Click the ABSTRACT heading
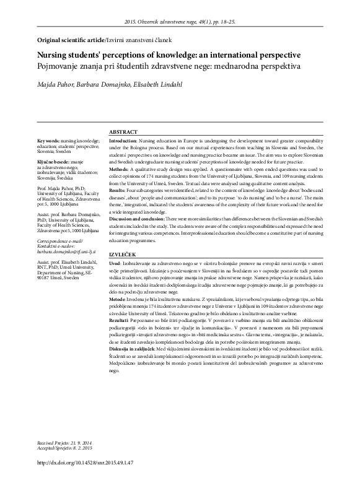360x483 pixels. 123,133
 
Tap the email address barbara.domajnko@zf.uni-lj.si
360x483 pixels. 66,270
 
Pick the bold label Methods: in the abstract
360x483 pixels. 120,169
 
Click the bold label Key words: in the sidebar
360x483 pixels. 51,141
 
